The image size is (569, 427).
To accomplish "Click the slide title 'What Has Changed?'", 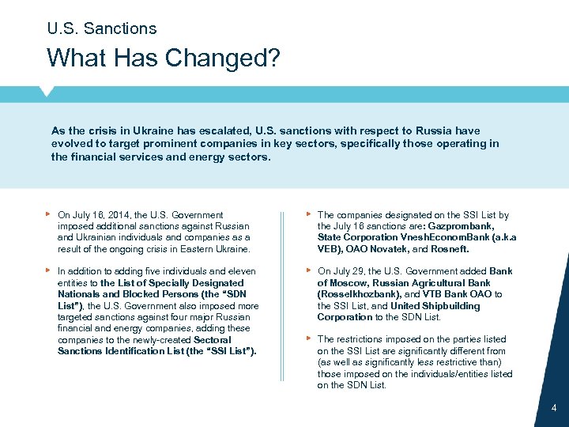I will tap(163, 58).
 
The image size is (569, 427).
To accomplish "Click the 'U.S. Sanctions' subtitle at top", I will tap(102, 28).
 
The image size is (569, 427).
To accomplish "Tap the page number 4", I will tap(553, 408).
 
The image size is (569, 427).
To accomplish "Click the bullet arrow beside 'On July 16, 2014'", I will tap(49, 214).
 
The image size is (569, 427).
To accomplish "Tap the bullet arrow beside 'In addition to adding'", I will tap(49, 270).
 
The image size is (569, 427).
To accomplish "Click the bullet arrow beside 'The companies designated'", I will tap(308, 214).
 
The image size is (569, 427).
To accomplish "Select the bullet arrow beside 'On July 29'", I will tap(308, 270).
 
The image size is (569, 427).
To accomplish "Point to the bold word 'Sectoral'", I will tap(213, 340).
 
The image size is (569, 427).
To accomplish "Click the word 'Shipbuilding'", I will tap(450, 306).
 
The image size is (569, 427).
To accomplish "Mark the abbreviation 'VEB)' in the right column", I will tap(329, 248).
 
